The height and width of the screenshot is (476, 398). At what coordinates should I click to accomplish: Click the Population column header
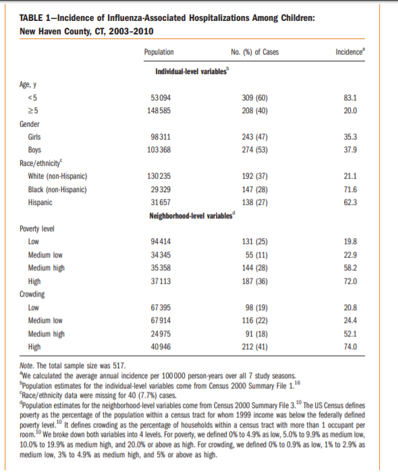(159, 52)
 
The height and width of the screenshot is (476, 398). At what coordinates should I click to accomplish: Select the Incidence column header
(349, 52)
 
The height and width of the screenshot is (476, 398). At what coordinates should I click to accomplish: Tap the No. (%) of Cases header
(255, 52)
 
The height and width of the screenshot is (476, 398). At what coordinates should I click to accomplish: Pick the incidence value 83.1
(350, 98)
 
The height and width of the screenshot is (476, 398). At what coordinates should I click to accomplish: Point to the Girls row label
(36, 137)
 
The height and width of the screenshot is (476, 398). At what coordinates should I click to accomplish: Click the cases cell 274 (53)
(256, 150)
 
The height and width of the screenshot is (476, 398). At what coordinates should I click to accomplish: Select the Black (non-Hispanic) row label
(57, 189)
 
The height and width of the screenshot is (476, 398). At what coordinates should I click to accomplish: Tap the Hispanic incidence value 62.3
(350, 202)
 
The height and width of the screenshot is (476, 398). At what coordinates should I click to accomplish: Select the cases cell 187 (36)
(256, 280)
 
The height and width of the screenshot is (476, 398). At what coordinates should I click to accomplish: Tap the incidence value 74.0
(350, 346)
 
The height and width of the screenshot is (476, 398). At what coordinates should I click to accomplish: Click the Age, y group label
(28, 84)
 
